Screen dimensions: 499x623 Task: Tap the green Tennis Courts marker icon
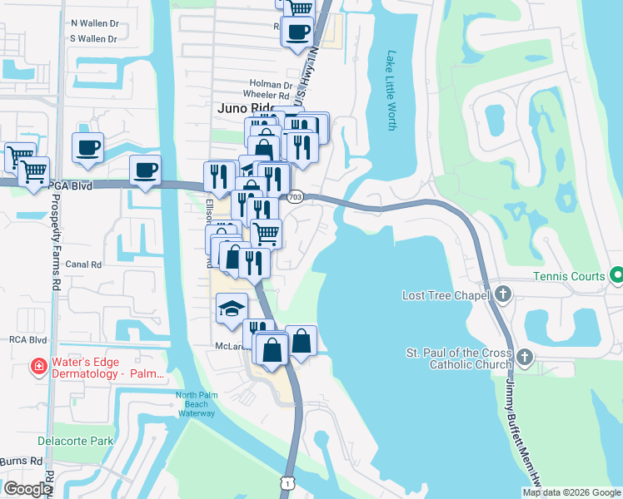tap(616, 274)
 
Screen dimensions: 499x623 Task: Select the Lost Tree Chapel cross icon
tap(503, 294)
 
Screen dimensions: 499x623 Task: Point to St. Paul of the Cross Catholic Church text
tap(459, 359)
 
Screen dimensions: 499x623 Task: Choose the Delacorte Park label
tap(75, 440)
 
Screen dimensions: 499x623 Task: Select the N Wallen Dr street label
tap(95, 23)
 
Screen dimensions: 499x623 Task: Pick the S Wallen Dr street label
tap(95, 38)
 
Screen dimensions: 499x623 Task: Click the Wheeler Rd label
tap(265, 95)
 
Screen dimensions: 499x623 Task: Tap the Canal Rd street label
tap(84, 264)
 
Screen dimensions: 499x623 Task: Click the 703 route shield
tap(295, 197)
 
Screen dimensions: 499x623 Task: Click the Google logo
tap(27, 488)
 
